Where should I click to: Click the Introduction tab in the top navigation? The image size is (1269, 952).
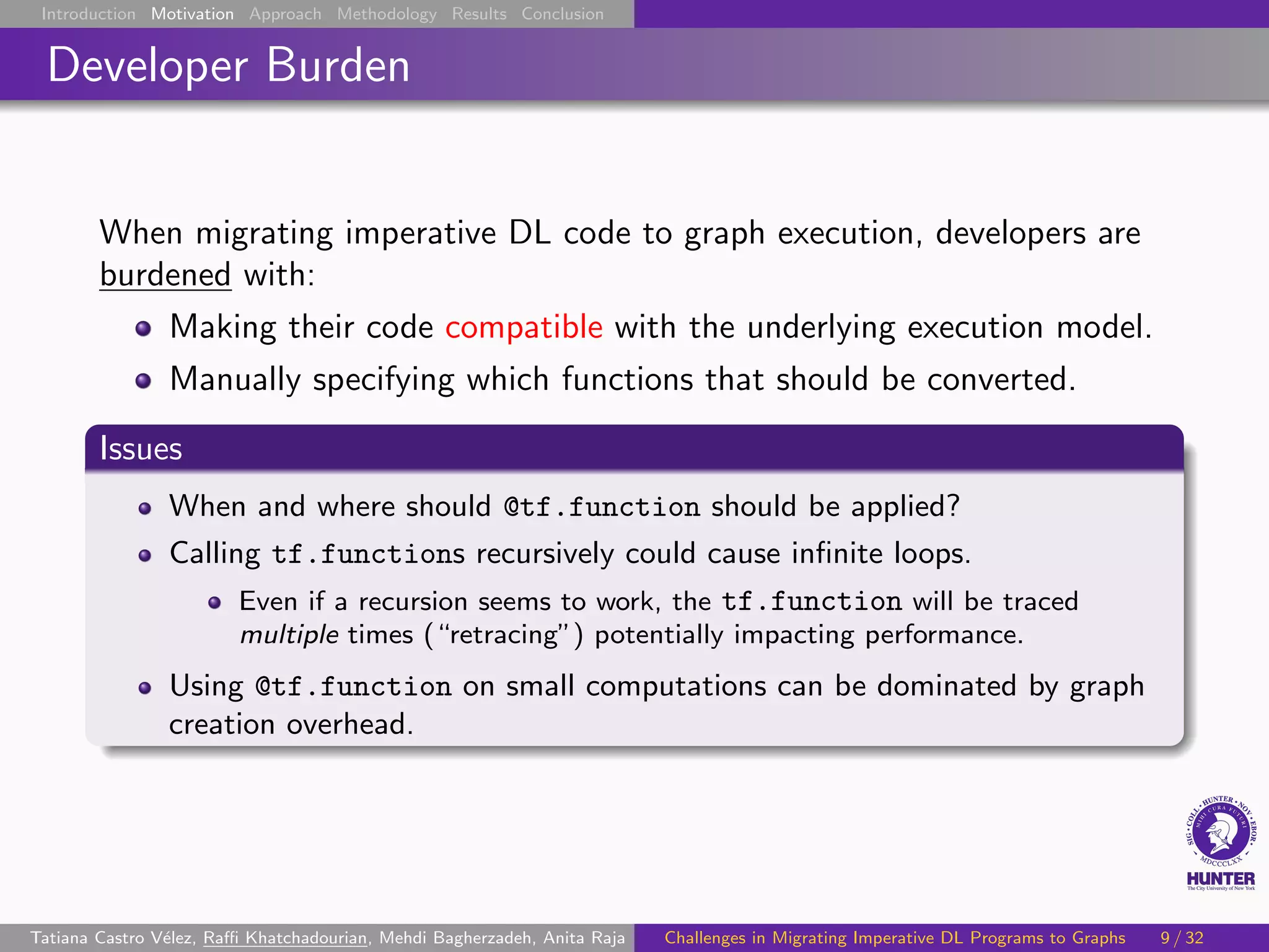pos(88,14)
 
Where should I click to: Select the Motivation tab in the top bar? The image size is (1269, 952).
pos(192,14)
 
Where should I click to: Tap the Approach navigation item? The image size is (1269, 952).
pos(285,14)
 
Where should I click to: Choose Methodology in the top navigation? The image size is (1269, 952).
pos(387,14)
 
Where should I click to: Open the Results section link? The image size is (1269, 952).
pos(479,14)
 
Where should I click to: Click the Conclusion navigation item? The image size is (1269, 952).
pos(562,14)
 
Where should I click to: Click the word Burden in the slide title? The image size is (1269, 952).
pos(338,65)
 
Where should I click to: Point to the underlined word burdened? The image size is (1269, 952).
pos(165,275)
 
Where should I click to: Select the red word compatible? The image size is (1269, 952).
pos(524,327)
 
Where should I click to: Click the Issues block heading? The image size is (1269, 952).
pos(141,448)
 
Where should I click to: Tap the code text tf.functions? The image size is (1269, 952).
pos(368,553)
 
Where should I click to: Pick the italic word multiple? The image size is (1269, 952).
pos(289,635)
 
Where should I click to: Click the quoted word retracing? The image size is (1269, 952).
pos(503,635)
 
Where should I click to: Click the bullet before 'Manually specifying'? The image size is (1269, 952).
pos(143,380)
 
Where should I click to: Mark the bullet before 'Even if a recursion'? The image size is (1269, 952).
pos(214,602)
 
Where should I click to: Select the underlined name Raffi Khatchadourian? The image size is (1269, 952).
pos(285,938)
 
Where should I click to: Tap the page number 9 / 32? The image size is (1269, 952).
pos(1182,938)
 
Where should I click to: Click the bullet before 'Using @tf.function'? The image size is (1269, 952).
pos(145,687)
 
